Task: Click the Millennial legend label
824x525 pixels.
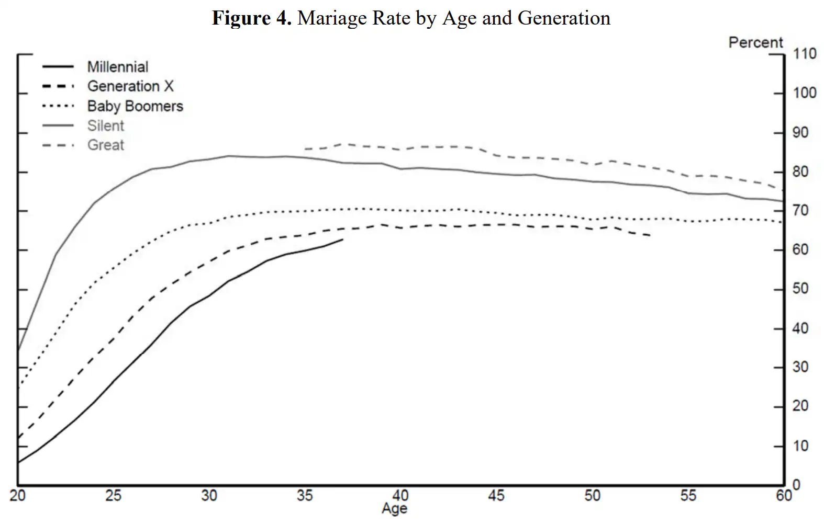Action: coord(117,67)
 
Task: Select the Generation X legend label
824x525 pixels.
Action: coord(130,86)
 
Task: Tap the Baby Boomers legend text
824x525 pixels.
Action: coord(135,106)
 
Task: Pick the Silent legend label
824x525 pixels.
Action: coord(105,126)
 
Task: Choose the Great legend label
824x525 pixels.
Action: coord(105,145)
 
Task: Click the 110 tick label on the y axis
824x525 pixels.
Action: coord(805,54)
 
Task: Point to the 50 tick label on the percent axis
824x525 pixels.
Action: coord(800,289)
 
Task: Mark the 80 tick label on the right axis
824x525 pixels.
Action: coord(800,172)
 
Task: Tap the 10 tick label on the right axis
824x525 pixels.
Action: coord(800,446)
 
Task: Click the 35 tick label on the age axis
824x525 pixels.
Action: coord(305,495)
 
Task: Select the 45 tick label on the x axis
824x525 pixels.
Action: coord(496,495)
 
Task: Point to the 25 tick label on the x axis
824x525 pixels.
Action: coord(113,495)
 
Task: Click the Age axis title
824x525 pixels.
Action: coord(394,509)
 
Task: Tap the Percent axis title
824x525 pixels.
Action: coord(755,43)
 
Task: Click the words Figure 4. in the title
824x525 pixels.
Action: coord(251,18)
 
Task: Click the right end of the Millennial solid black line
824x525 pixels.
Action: coord(343,239)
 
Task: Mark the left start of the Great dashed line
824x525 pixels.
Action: coord(305,149)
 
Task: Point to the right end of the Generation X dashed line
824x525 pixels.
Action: coord(651,236)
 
